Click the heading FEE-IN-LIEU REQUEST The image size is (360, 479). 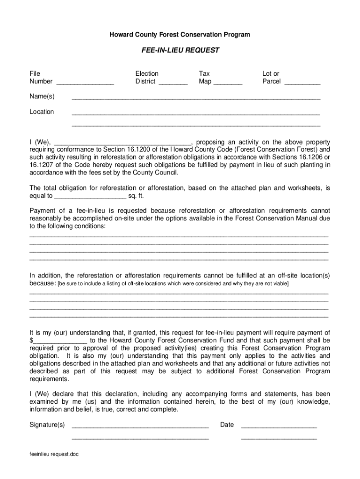(180, 51)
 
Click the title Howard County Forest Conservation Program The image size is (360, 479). (180, 35)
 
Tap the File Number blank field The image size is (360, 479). (85, 83)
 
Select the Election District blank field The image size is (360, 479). (173, 83)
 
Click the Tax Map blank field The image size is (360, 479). (228, 83)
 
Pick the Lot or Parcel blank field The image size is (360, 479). (302, 83)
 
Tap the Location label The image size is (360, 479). (42, 111)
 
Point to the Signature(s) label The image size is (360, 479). (47, 425)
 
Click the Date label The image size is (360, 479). (227, 425)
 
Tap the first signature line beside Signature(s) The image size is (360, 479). (140, 426)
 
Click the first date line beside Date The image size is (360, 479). (279, 426)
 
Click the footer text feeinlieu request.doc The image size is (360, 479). (54, 454)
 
